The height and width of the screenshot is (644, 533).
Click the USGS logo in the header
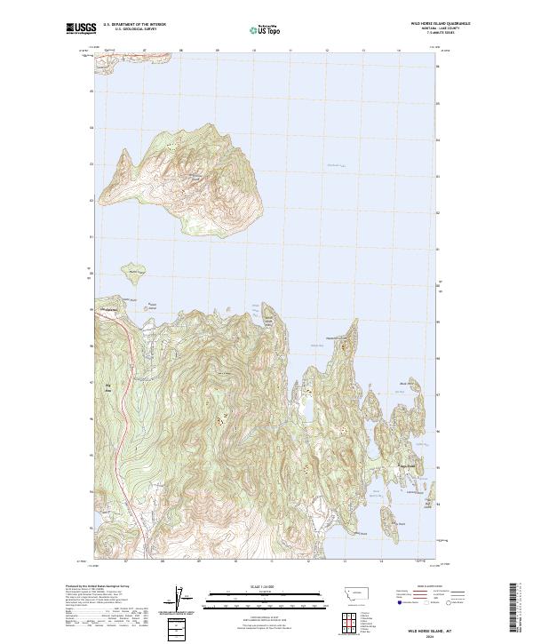coord(82,29)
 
